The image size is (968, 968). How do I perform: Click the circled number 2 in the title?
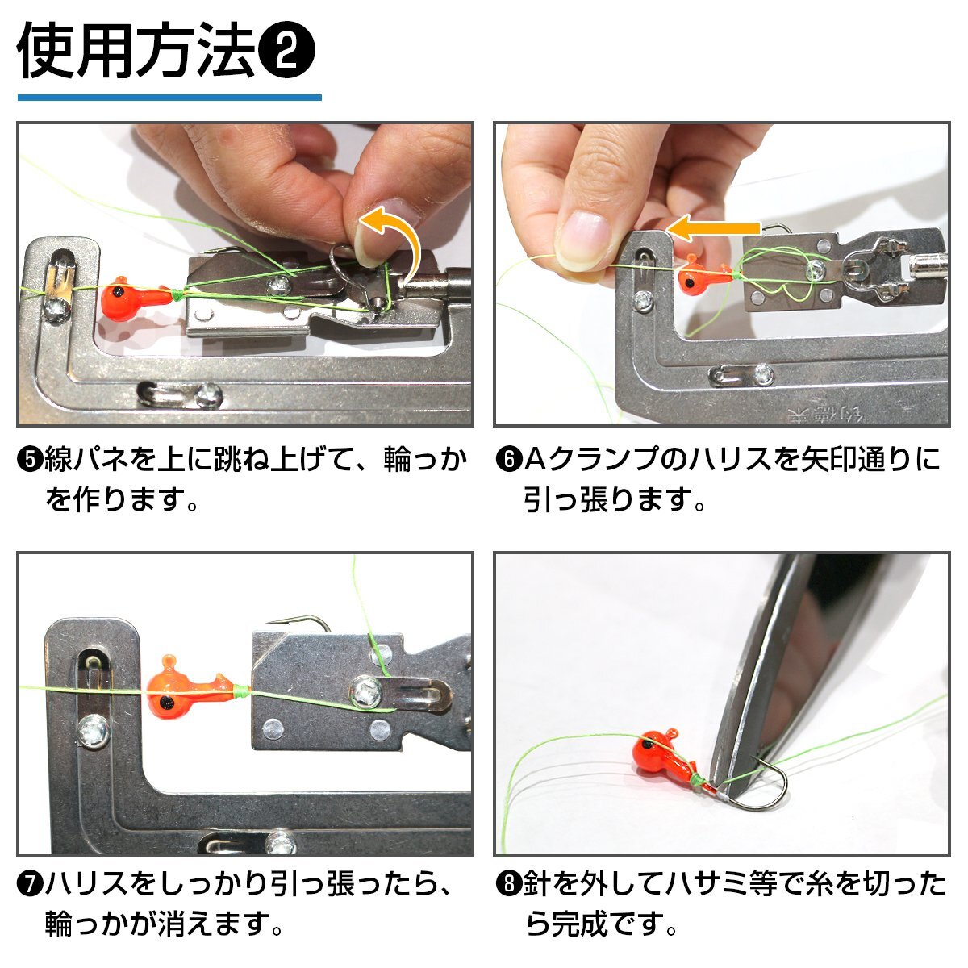click(286, 52)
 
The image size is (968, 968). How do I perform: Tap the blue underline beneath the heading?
click(169, 97)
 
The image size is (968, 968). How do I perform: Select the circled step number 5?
click(31, 461)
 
